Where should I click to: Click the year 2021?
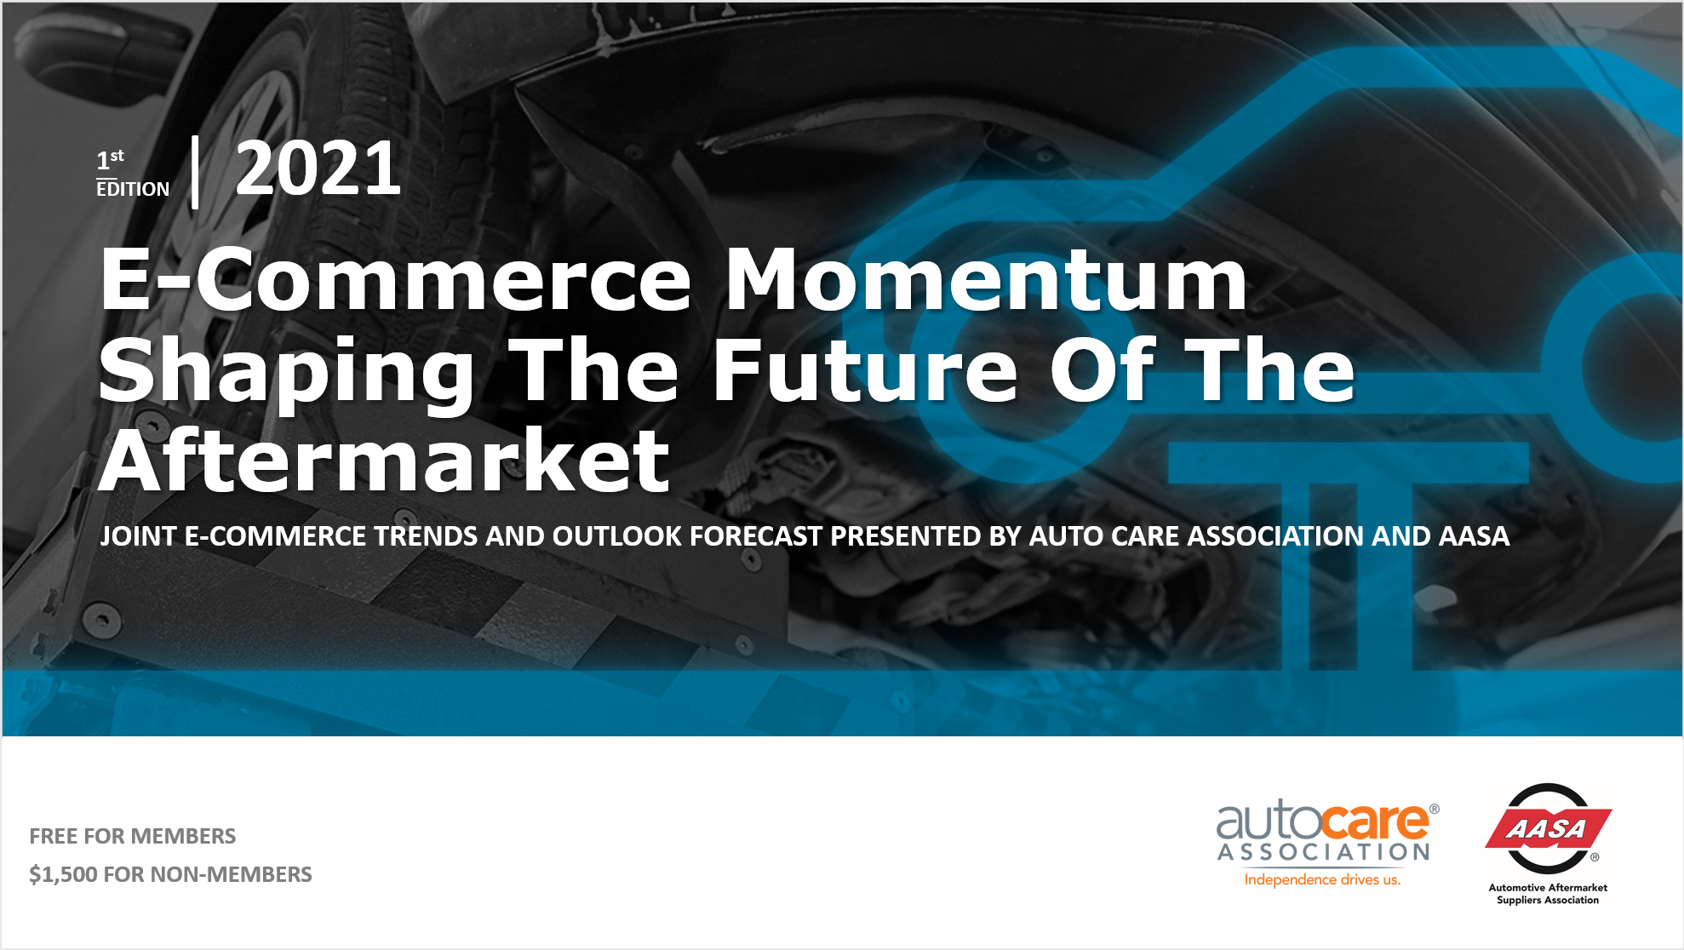tap(318, 169)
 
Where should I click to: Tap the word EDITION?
tap(133, 189)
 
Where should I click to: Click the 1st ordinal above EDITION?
tap(110, 158)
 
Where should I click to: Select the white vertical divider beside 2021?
tap(196, 172)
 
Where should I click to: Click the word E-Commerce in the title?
tap(395, 280)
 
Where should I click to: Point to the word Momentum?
tap(986, 280)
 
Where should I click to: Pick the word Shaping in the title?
tap(286, 371)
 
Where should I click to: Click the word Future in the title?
tap(864, 371)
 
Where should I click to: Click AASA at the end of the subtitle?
tap(1474, 536)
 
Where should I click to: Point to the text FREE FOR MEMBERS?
tap(133, 836)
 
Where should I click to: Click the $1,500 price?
tap(63, 874)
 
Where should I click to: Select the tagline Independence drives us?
tap(1322, 879)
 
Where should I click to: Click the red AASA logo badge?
tap(1548, 828)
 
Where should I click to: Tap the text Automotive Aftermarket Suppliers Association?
tap(1548, 894)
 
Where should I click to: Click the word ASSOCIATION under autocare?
tap(1324, 852)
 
